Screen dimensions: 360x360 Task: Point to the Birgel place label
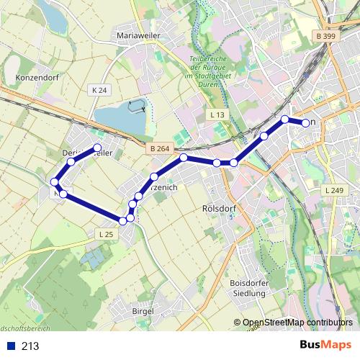pos(143,310)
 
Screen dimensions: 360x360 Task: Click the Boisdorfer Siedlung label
pos(248,288)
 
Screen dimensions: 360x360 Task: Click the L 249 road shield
pos(334,190)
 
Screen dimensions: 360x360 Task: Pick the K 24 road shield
pos(100,90)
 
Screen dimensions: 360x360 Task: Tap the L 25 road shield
pos(106,234)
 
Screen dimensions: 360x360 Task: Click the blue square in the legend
pos(12,346)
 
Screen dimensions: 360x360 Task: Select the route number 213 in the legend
pos(30,346)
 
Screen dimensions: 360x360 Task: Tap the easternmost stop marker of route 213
pos(306,123)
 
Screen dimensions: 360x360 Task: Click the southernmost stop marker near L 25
pos(123,221)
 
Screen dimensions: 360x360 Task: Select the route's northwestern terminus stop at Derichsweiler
pos(97,148)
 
